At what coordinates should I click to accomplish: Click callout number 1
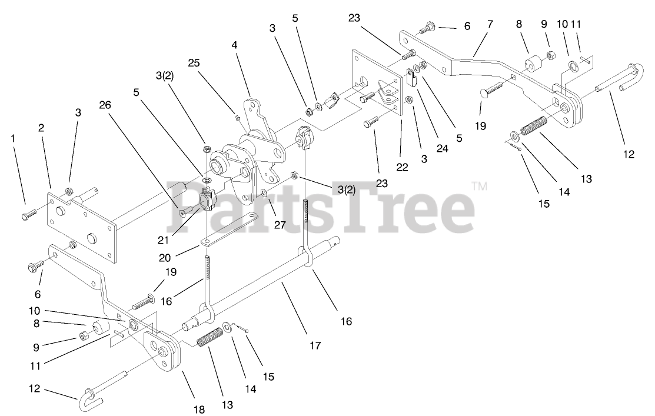[12, 138]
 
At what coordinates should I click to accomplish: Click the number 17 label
[315, 345]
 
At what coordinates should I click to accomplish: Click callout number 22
[402, 167]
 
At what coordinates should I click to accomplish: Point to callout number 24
[443, 149]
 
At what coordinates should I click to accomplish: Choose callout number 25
[195, 62]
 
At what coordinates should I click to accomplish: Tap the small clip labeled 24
[412, 78]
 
